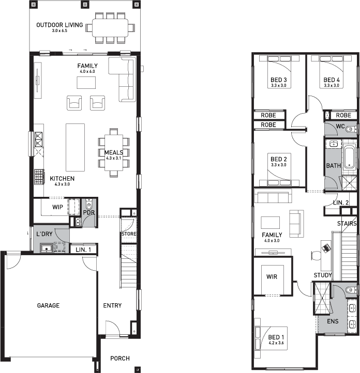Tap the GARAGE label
(48, 305)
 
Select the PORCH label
(119, 358)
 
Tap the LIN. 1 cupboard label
(83, 250)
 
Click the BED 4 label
(332, 80)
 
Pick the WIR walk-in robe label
(272, 277)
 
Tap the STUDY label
(323, 275)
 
